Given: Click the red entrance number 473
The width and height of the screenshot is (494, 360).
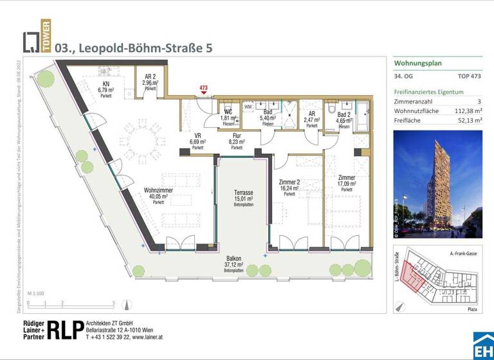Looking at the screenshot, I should click(203, 87).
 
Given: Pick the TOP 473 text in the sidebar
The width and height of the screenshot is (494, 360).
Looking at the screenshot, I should click(470, 76).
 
